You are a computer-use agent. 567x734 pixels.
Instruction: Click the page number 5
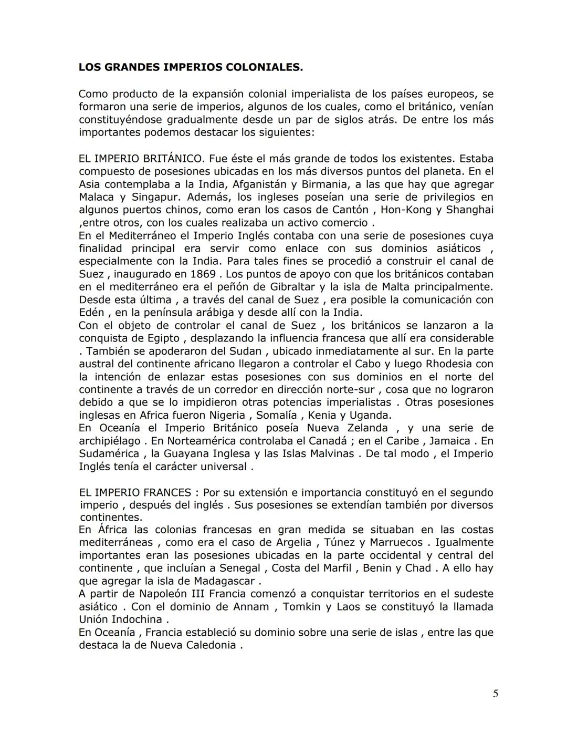(x=495, y=694)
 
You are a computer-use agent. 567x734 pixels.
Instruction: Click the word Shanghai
(x=469, y=210)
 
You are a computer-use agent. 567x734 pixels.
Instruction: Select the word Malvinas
(x=327, y=453)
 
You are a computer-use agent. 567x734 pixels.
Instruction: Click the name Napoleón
(x=171, y=594)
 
